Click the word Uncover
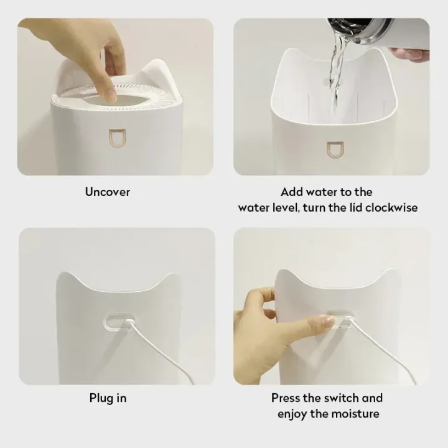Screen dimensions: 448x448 (x=108, y=192)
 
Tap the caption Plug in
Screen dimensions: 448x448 (x=108, y=398)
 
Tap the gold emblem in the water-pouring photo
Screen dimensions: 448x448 (x=334, y=149)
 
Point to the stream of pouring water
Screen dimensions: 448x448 (x=335, y=68)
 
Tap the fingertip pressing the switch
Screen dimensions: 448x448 (x=329, y=322)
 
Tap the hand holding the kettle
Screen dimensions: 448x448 (x=411, y=55)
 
